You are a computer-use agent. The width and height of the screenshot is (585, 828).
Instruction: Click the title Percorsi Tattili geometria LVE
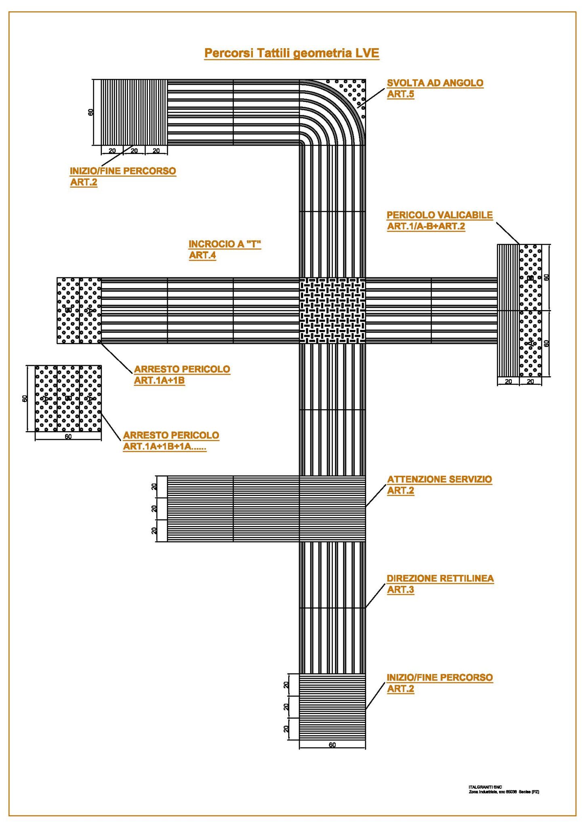(x=291, y=53)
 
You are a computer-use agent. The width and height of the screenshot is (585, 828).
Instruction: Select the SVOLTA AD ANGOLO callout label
(x=435, y=83)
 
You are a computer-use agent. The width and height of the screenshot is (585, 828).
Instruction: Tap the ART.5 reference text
(x=400, y=94)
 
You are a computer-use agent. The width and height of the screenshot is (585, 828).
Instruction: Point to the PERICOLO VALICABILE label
(x=440, y=215)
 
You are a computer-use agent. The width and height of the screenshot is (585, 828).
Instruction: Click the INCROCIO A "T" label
(x=225, y=244)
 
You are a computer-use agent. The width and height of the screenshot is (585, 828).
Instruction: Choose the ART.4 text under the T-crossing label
(x=202, y=255)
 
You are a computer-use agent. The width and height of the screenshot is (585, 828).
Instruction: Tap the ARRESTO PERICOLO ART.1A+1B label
(x=182, y=369)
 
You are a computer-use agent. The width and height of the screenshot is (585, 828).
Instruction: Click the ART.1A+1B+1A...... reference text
(x=164, y=447)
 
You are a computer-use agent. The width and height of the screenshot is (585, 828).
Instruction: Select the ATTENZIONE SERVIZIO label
(x=440, y=479)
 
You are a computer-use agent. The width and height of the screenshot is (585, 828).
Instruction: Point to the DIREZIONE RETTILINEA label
(x=440, y=579)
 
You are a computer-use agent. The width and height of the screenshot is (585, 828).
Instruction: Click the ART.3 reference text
(x=400, y=590)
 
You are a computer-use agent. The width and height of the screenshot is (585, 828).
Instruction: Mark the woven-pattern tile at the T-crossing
(x=332, y=310)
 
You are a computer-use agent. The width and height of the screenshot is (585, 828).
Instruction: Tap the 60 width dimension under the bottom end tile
(x=332, y=745)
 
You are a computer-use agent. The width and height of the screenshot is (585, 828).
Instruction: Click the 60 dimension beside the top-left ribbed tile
(x=91, y=112)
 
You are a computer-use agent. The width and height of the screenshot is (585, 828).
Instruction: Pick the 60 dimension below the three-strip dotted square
(x=68, y=437)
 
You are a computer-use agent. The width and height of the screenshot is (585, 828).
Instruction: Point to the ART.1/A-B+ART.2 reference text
(x=426, y=226)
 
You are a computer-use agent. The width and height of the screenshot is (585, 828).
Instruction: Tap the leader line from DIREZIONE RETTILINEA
(x=375, y=596)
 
